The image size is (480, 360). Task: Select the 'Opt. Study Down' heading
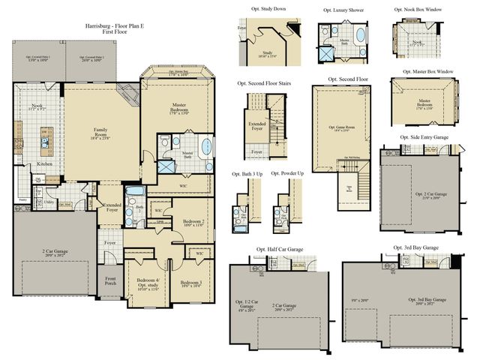[268, 9]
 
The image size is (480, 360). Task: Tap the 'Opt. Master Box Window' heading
[423, 71]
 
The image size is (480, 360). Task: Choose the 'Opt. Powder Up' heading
[287, 174]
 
